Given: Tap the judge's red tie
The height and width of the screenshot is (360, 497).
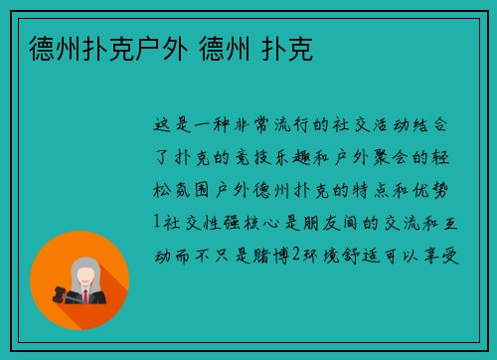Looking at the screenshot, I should click(85, 296).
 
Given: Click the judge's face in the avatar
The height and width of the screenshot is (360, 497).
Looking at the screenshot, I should click(84, 273).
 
